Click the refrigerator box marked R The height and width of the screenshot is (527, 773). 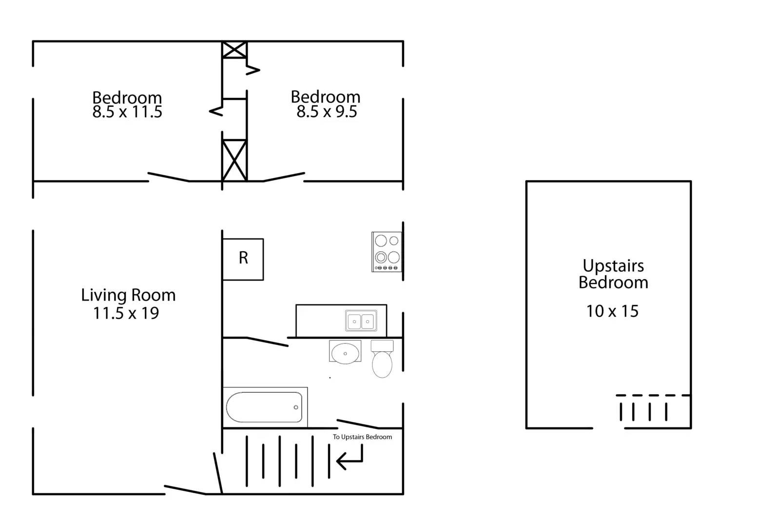point(243,259)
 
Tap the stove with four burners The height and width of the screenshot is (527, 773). point(387,252)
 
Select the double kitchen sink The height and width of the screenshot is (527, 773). point(361,321)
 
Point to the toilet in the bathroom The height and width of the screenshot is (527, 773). point(382,360)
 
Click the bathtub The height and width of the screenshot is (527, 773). point(264,407)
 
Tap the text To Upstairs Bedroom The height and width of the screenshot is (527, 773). point(362,437)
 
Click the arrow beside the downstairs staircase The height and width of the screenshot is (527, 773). point(349,459)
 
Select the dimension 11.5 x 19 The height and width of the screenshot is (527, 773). point(126,313)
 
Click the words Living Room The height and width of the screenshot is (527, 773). point(128,295)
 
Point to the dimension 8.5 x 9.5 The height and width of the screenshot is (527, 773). point(327,112)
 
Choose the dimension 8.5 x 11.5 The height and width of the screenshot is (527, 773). point(127,112)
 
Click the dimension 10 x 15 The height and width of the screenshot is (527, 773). point(612,311)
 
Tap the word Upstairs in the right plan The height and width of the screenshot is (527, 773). point(613,266)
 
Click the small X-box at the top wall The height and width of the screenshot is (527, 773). point(234,50)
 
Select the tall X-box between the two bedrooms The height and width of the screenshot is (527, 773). point(234,160)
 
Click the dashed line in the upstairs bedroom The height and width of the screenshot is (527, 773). point(653,395)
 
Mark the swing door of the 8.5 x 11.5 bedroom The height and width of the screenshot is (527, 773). point(169,177)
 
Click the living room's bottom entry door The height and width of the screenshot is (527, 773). point(185,490)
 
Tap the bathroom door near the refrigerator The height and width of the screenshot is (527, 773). point(267,342)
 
